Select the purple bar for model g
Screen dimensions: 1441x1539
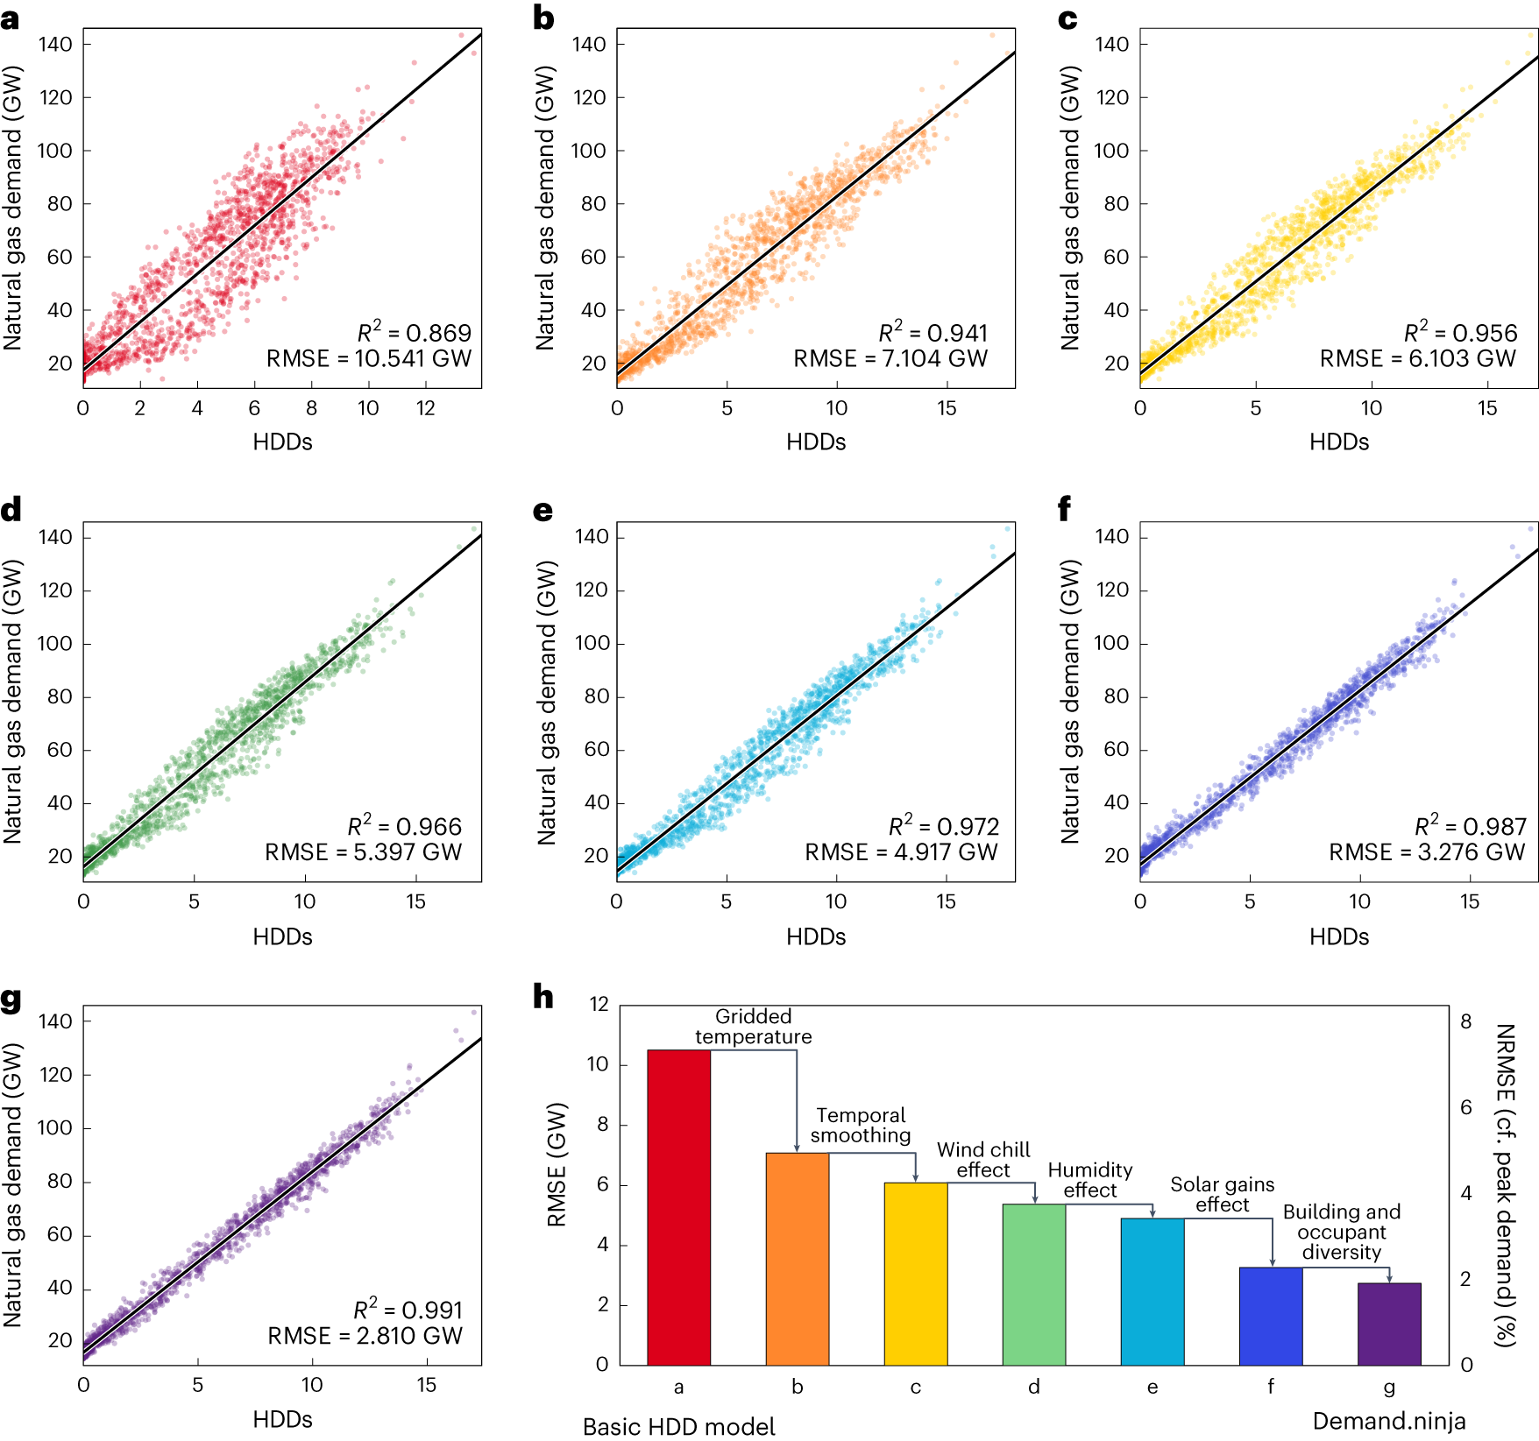click(1389, 1324)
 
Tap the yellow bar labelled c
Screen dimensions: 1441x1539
click(915, 1274)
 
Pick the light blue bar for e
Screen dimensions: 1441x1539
click(1152, 1291)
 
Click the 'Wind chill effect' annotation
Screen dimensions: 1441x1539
click(983, 1160)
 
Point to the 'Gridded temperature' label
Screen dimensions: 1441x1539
click(753, 1027)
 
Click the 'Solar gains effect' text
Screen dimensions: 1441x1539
click(1222, 1195)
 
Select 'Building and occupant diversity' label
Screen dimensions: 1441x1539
click(1341, 1232)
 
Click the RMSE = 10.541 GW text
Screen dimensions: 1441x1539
click(369, 358)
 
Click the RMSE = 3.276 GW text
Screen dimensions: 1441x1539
click(1427, 851)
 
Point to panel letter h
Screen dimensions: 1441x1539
click(543, 997)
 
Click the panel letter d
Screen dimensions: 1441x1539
click(11, 510)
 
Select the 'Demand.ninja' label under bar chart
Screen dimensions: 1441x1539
click(1388, 1421)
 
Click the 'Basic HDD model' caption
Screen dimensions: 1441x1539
click(678, 1427)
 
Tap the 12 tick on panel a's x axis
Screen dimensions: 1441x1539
click(425, 408)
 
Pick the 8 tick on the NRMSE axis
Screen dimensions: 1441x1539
click(1465, 1021)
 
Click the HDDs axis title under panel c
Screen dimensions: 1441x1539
click(1338, 442)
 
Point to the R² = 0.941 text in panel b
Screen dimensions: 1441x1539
click(933, 333)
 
